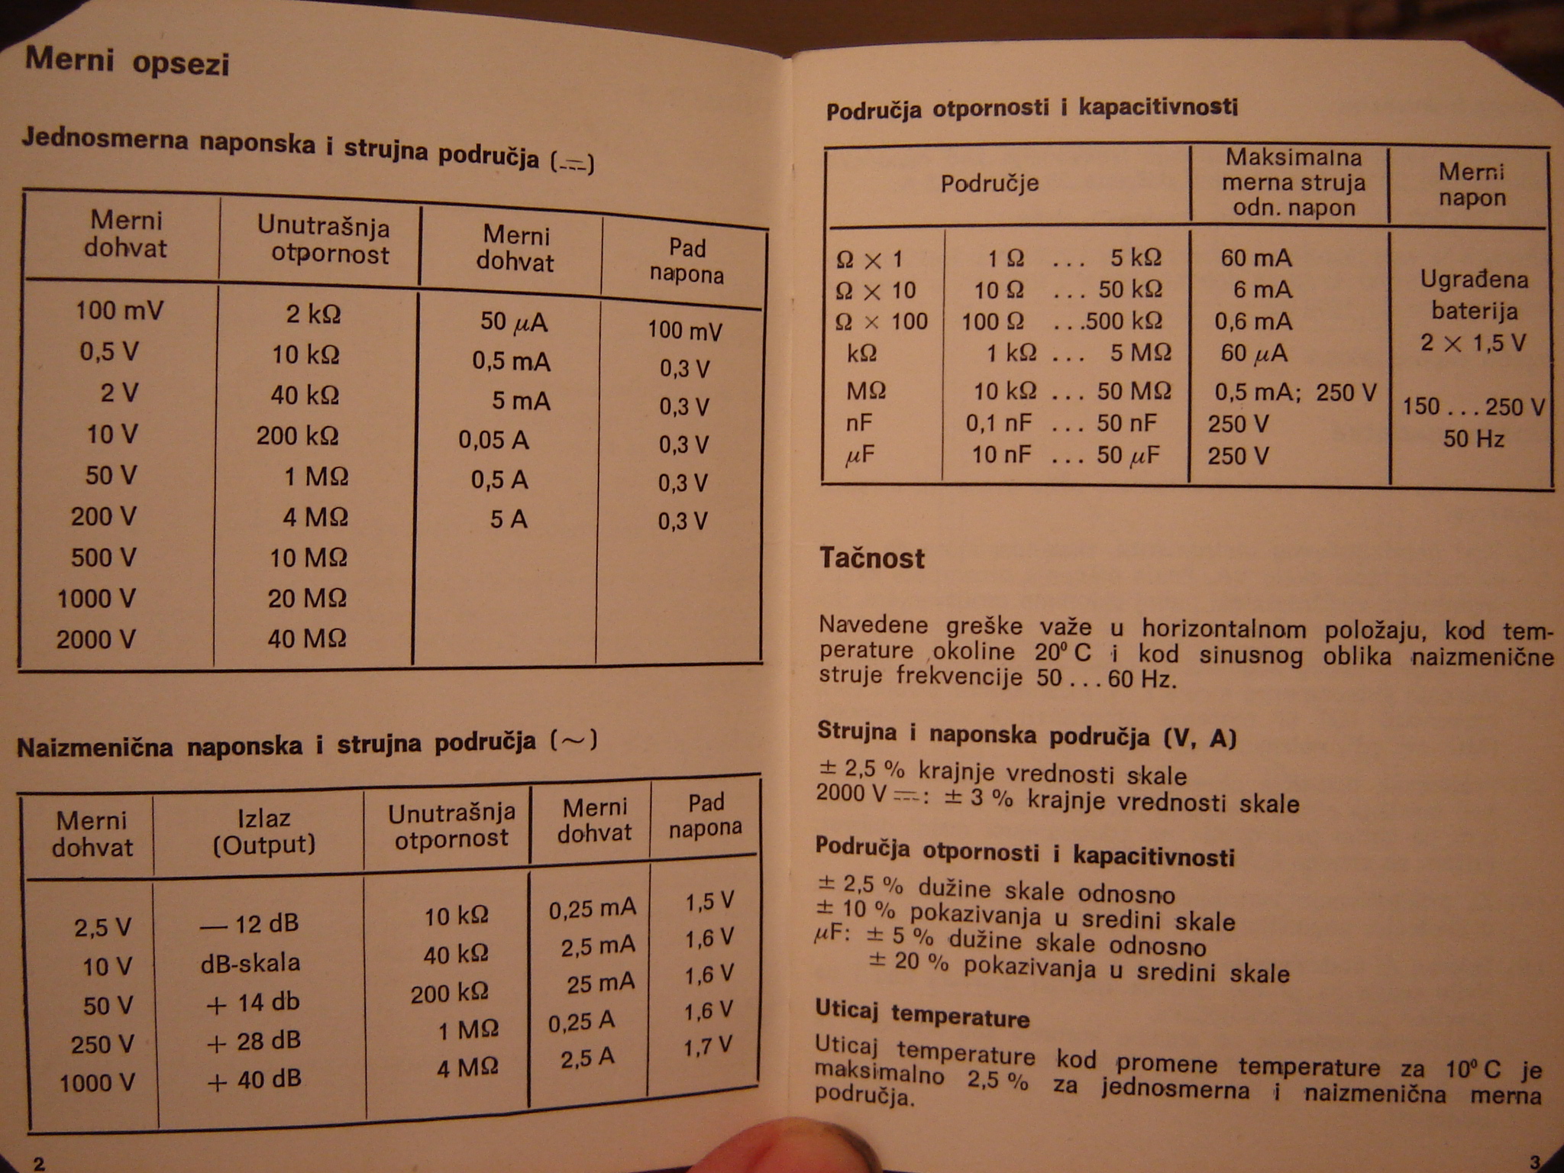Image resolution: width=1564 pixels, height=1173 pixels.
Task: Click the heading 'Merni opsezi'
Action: (127, 61)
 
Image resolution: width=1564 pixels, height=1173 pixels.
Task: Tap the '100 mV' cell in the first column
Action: (119, 311)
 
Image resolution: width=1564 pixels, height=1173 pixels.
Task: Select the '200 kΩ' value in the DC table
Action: (297, 436)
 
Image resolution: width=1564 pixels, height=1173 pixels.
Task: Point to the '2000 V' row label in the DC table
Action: (95, 638)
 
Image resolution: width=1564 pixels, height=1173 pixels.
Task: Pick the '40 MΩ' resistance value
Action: (306, 638)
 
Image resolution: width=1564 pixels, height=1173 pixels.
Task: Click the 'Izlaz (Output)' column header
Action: (263, 832)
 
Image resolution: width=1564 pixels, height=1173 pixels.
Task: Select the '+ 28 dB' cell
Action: (254, 1041)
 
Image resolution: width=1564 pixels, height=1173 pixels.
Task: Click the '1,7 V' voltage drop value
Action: (707, 1045)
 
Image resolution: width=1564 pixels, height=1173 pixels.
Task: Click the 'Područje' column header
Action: (989, 184)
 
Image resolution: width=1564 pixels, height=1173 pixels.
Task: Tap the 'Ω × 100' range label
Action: (881, 322)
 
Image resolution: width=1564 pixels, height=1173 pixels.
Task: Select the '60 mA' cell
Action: (1255, 258)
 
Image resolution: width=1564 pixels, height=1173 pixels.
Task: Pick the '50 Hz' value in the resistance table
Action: (1473, 439)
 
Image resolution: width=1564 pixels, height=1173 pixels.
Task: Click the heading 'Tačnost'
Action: (871, 558)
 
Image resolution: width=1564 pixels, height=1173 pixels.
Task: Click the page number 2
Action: (39, 1163)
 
